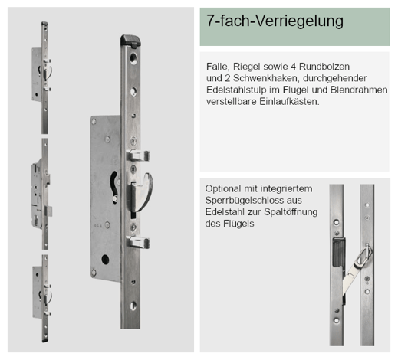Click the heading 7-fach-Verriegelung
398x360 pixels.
click(275, 21)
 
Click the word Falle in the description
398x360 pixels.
click(216, 67)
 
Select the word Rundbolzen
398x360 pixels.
click(324, 67)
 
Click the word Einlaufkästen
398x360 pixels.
click(289, 102)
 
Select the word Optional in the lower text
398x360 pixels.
click(223, 189)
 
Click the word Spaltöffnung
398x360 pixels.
click(291, 212)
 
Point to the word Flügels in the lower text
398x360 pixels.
click(238, 224)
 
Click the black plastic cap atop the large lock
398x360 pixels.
click(130, 41)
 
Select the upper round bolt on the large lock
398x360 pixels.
click(138, 155)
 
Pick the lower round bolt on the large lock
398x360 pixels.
click(138, 242)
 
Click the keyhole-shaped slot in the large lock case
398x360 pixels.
click(114, 188)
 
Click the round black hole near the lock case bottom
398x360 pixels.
click(105, 260)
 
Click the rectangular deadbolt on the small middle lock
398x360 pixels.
click(48, 211)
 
